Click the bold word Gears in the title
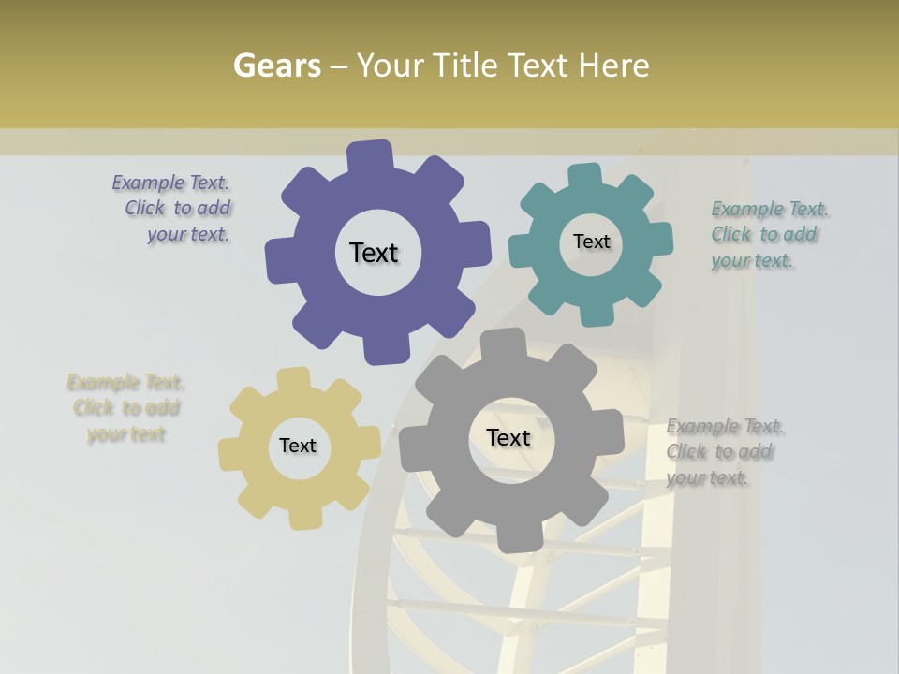(x=276, y=66)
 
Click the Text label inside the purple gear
(x=374, y=253)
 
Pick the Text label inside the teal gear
(x=591, y=242)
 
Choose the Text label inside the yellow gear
(x=298, y=446)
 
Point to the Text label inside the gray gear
(x=508, y=437)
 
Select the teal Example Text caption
(x=768, y=235)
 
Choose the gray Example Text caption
(x=723, y=452)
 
